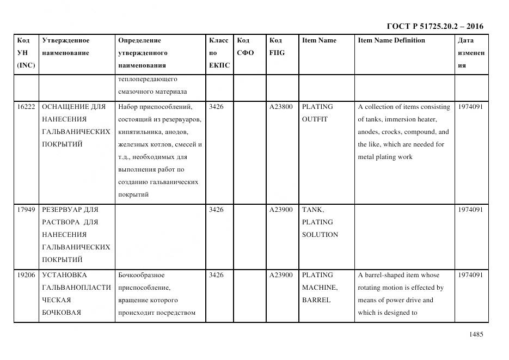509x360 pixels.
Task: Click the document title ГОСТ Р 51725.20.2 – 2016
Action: tap(434, 26)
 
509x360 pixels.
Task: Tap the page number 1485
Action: tap(476, 334)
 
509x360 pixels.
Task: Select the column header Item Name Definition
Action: tap(391, 40)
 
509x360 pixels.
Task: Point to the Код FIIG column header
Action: tap(277, 47)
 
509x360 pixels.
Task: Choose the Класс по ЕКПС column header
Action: tap(219, 53)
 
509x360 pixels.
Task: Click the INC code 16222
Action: tap(26, 107)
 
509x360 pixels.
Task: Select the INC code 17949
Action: tap(26, 210)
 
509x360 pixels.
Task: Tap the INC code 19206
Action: tap(26, 275)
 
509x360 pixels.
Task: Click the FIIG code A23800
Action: tap(281, 107)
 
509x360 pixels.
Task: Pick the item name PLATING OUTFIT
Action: tap(317, 113)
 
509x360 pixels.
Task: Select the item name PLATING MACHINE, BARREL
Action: tap(320, 288)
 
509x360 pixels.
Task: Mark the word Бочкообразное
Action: tap(141, 275)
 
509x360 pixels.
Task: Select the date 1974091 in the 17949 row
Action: tap(470, 210)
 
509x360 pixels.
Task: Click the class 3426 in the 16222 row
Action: tap(216, 107)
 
